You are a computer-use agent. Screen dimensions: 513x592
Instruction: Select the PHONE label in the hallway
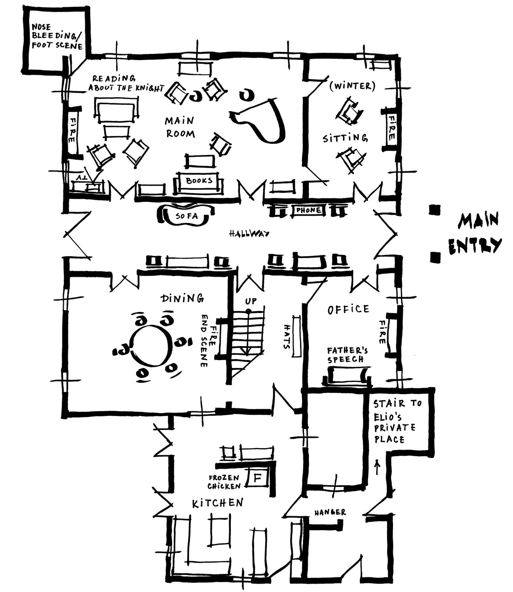(x=308, y=210)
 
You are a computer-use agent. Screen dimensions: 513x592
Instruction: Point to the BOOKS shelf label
(x=199, y=180)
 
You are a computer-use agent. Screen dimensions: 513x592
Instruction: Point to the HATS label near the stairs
(x=287, y=337)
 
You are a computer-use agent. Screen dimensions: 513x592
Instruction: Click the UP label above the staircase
(x=251, y=301)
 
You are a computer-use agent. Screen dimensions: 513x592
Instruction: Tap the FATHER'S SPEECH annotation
(x=347, y=355)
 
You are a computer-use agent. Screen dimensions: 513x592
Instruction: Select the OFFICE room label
(x=348, y=310)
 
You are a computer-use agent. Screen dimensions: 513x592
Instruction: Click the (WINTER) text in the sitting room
(x=352, y=86)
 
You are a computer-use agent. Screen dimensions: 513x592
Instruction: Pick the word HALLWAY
(x=249, y=234)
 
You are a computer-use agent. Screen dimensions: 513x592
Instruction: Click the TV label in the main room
(x=82, y=178)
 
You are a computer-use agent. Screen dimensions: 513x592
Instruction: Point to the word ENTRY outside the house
(x=475, y=246)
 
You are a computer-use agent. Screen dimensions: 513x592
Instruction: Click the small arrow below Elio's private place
(x=377, y=467)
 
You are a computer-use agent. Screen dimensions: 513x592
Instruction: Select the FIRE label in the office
(x=382, y=332)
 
